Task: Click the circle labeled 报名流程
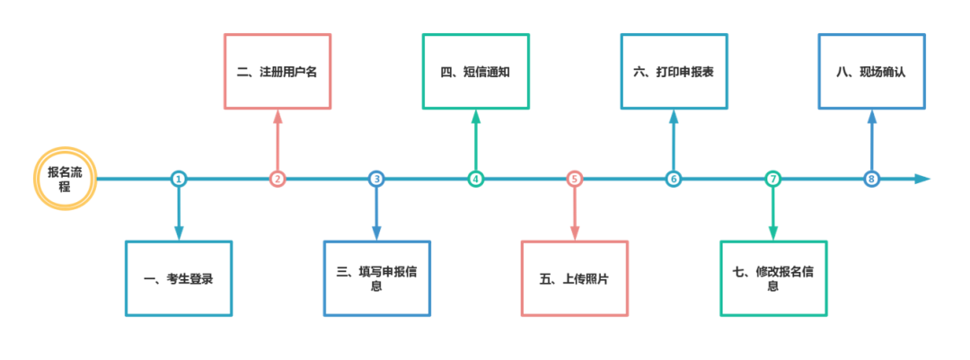click(x=65, y=179)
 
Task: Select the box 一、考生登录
click(x=179, y=278)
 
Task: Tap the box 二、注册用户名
click(x=278, y=72)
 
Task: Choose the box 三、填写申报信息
click(x=377, y=278)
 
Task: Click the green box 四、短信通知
click(x=476, y=72)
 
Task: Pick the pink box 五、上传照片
click(x=575, y=278)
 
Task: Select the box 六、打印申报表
click(x=674, y=72)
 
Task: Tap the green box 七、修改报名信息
click(x=773, y=278)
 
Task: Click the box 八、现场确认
click(x=871, y=72)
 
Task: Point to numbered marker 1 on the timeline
click(x=179, y=179)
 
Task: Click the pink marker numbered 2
click(x=278, y=179)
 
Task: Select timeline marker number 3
click(x=377, y=179)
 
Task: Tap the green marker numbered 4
click(x=476, y=179)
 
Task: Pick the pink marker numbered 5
click(x=575, y=179)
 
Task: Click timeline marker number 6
click(x=674, y=179)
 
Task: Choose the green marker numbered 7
click(x=773, y=179)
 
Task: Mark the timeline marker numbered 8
click(x=871, y=179)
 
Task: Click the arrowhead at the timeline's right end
click(x=923, y=179)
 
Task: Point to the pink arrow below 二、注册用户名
click(x=278, y=139)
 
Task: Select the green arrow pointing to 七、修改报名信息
click(x=773, y=215)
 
